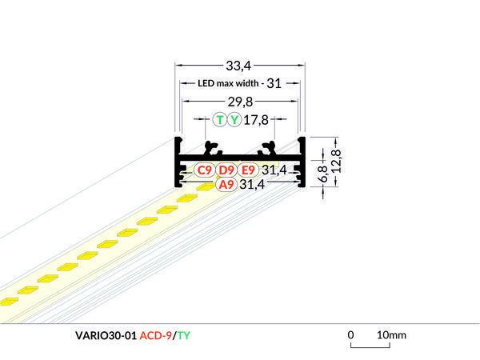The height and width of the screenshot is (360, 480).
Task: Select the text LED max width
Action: (226, 83)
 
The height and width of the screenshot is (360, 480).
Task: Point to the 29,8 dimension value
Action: (240, 102)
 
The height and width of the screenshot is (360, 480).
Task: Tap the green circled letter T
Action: (220, 121)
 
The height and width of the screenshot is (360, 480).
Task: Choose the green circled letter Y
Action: (234, 121)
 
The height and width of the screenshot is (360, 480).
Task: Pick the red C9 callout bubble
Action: (205, 170)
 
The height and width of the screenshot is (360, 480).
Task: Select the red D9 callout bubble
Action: (226, 170)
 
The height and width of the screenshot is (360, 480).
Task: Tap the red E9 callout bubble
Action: (247, 170)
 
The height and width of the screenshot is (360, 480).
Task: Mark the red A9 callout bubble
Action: (226, 184)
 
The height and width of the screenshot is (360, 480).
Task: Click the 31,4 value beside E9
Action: (274, 170)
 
